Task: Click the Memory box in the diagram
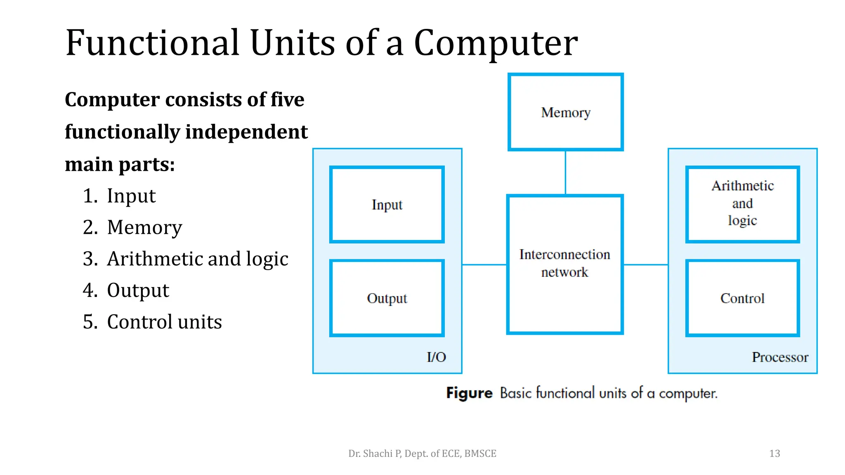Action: [x=565, y=112]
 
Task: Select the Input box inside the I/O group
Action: [x=387, y=205]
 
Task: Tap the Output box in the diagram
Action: [x=387, y=298]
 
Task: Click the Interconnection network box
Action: [x=564, y=264]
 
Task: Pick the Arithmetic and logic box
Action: [x=742, y=204]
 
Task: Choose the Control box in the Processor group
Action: [x=742, y=298]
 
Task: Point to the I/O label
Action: [x=436, y=357]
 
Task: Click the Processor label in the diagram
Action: [x=780, y=357]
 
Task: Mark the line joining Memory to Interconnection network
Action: [x=565, y=172]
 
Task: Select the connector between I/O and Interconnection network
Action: [x=484, y=265]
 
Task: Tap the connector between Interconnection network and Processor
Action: [x=646, y=265]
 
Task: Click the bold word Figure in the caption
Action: [x=469, y=393]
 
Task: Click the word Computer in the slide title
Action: [x=496, y=43]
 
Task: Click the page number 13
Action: [x=774, y=454]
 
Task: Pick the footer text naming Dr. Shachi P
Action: [x=422, y=454]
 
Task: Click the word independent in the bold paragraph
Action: [x=246, y=132]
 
